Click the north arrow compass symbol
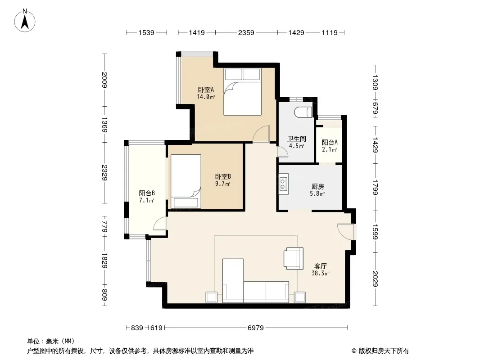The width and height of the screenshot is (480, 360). pos(25,21)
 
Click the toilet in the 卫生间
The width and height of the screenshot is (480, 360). pos(303,112)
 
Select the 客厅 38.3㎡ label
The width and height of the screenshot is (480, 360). pos(321,270)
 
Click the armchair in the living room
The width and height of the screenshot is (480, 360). pos(293,258)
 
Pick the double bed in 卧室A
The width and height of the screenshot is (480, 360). pos(242,91)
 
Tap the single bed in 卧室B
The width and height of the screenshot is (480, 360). pos(186,181)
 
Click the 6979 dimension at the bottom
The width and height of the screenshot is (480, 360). pos(256,328)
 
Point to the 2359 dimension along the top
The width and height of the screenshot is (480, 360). pos(246,32)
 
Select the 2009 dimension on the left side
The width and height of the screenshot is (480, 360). pos(105,80)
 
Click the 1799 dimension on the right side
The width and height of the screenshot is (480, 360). pos(376,187)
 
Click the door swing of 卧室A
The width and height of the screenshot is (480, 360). pos(261,134)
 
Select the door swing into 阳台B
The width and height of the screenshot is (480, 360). pos(160,223)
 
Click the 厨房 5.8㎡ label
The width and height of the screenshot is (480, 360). pos(318,189)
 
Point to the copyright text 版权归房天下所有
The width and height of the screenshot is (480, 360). pos(384,351)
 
